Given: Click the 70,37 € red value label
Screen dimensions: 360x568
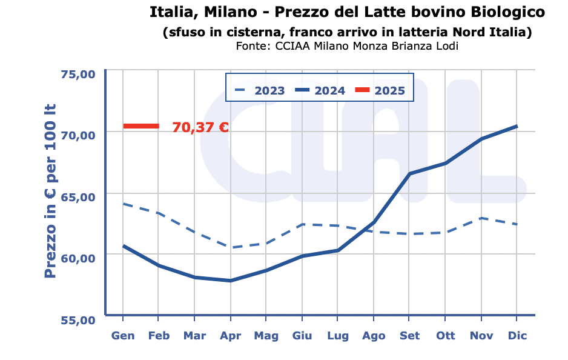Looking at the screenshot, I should click(200, 127).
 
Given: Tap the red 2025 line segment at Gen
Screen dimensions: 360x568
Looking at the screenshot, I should click(141, 126).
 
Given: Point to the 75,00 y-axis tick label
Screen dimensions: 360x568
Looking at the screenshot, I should click(79, 74).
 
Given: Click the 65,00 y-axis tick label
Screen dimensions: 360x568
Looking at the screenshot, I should click(79, 197).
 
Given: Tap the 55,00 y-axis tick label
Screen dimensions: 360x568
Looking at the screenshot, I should click(79, 319).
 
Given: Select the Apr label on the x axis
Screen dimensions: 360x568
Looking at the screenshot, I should click(230, 336).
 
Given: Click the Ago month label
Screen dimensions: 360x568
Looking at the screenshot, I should click(373, 336).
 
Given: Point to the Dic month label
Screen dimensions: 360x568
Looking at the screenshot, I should click(517, 336).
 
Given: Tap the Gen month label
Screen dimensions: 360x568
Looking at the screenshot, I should click(123, 336).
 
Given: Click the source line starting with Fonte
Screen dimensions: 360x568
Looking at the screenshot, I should click(347, 46).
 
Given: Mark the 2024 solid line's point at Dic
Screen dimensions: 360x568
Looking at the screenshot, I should click(517, 126).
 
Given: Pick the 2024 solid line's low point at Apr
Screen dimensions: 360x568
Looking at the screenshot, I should click(230, 281).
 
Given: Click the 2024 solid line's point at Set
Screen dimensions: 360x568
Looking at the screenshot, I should click(409, 174).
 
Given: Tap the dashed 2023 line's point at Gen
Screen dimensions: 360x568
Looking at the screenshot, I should click(123, 204).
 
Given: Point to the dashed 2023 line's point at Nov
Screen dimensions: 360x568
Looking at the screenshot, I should click(481, 218).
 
